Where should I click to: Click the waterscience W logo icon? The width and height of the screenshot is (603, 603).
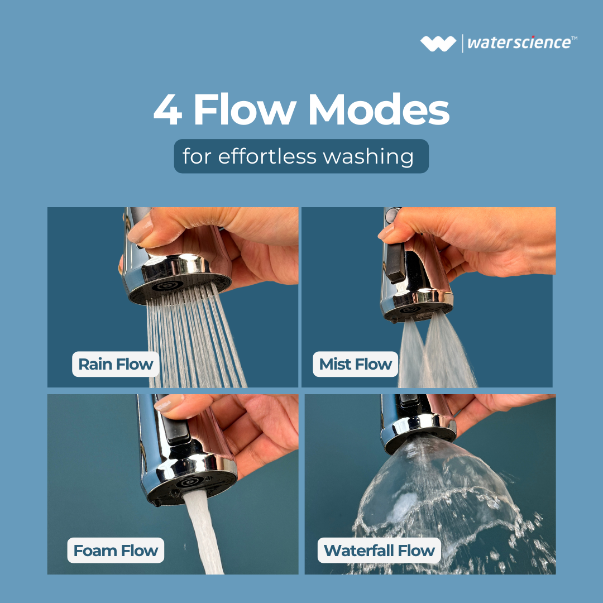pos(438,44)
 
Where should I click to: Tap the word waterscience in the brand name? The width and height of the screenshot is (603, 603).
pos(519,42)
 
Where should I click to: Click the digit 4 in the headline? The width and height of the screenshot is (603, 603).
pos(167,109)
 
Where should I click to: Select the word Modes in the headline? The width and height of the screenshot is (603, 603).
pos(379,109)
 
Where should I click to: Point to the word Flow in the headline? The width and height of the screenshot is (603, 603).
pos(245,109)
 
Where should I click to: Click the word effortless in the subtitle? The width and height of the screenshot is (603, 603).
pos(267,156)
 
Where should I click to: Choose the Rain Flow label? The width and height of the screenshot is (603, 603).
pos(116,364)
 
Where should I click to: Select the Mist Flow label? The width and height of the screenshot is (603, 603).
pos(355,364)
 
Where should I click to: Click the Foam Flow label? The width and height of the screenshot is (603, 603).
pos(116,551)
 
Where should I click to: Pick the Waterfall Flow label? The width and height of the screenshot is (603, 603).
pos(379,551)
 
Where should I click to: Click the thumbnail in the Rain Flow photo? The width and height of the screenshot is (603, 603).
pos(140,231)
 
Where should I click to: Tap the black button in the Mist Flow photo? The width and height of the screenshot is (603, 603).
pos(395,261)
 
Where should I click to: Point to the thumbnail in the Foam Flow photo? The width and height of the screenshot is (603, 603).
pos(169,404)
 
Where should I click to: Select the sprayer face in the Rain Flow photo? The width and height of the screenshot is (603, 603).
pos(179,288)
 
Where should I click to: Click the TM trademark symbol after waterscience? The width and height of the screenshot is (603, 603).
pos(574,38)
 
